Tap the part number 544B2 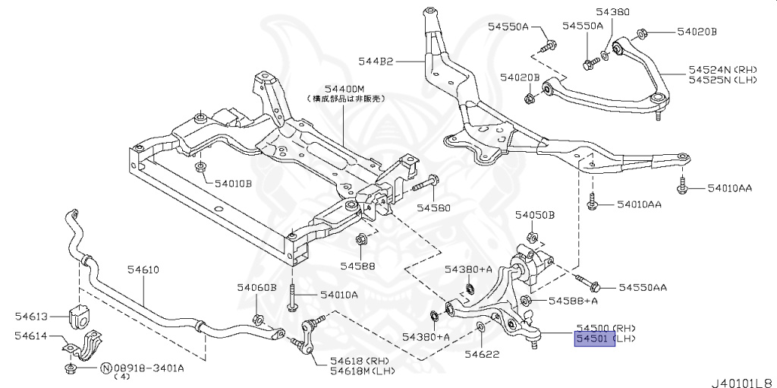376,60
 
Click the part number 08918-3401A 149,368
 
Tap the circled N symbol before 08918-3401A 105,368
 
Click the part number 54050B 536,216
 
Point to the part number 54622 482,354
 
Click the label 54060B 256,287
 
